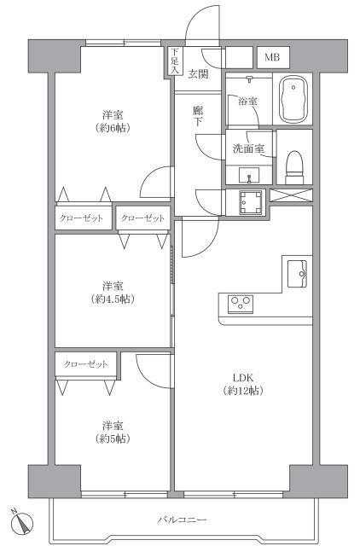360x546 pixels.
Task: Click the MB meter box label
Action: click(272, 57)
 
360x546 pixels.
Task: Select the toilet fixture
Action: click(294, 167)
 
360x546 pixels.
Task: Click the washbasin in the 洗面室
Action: click(248, 175)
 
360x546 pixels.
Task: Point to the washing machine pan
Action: click(250, 202)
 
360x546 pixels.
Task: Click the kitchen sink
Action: click(297, 274)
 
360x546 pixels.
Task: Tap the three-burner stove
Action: click(241, 303)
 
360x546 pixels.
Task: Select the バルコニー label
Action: click(182, 520)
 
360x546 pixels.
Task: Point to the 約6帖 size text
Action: click(113, 128)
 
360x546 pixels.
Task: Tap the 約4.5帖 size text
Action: click(113, 299)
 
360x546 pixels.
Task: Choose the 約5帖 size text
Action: click(113, 439)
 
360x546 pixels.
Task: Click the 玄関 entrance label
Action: click(199, 74)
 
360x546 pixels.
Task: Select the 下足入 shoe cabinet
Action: click(174, 61)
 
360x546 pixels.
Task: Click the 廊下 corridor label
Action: click(198, 116)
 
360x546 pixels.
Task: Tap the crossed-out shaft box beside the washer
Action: click(292, 195)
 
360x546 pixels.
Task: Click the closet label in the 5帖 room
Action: click(85, 364)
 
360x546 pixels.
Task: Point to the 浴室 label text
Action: click(247, 102)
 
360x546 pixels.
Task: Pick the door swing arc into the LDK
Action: click(200, 237)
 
